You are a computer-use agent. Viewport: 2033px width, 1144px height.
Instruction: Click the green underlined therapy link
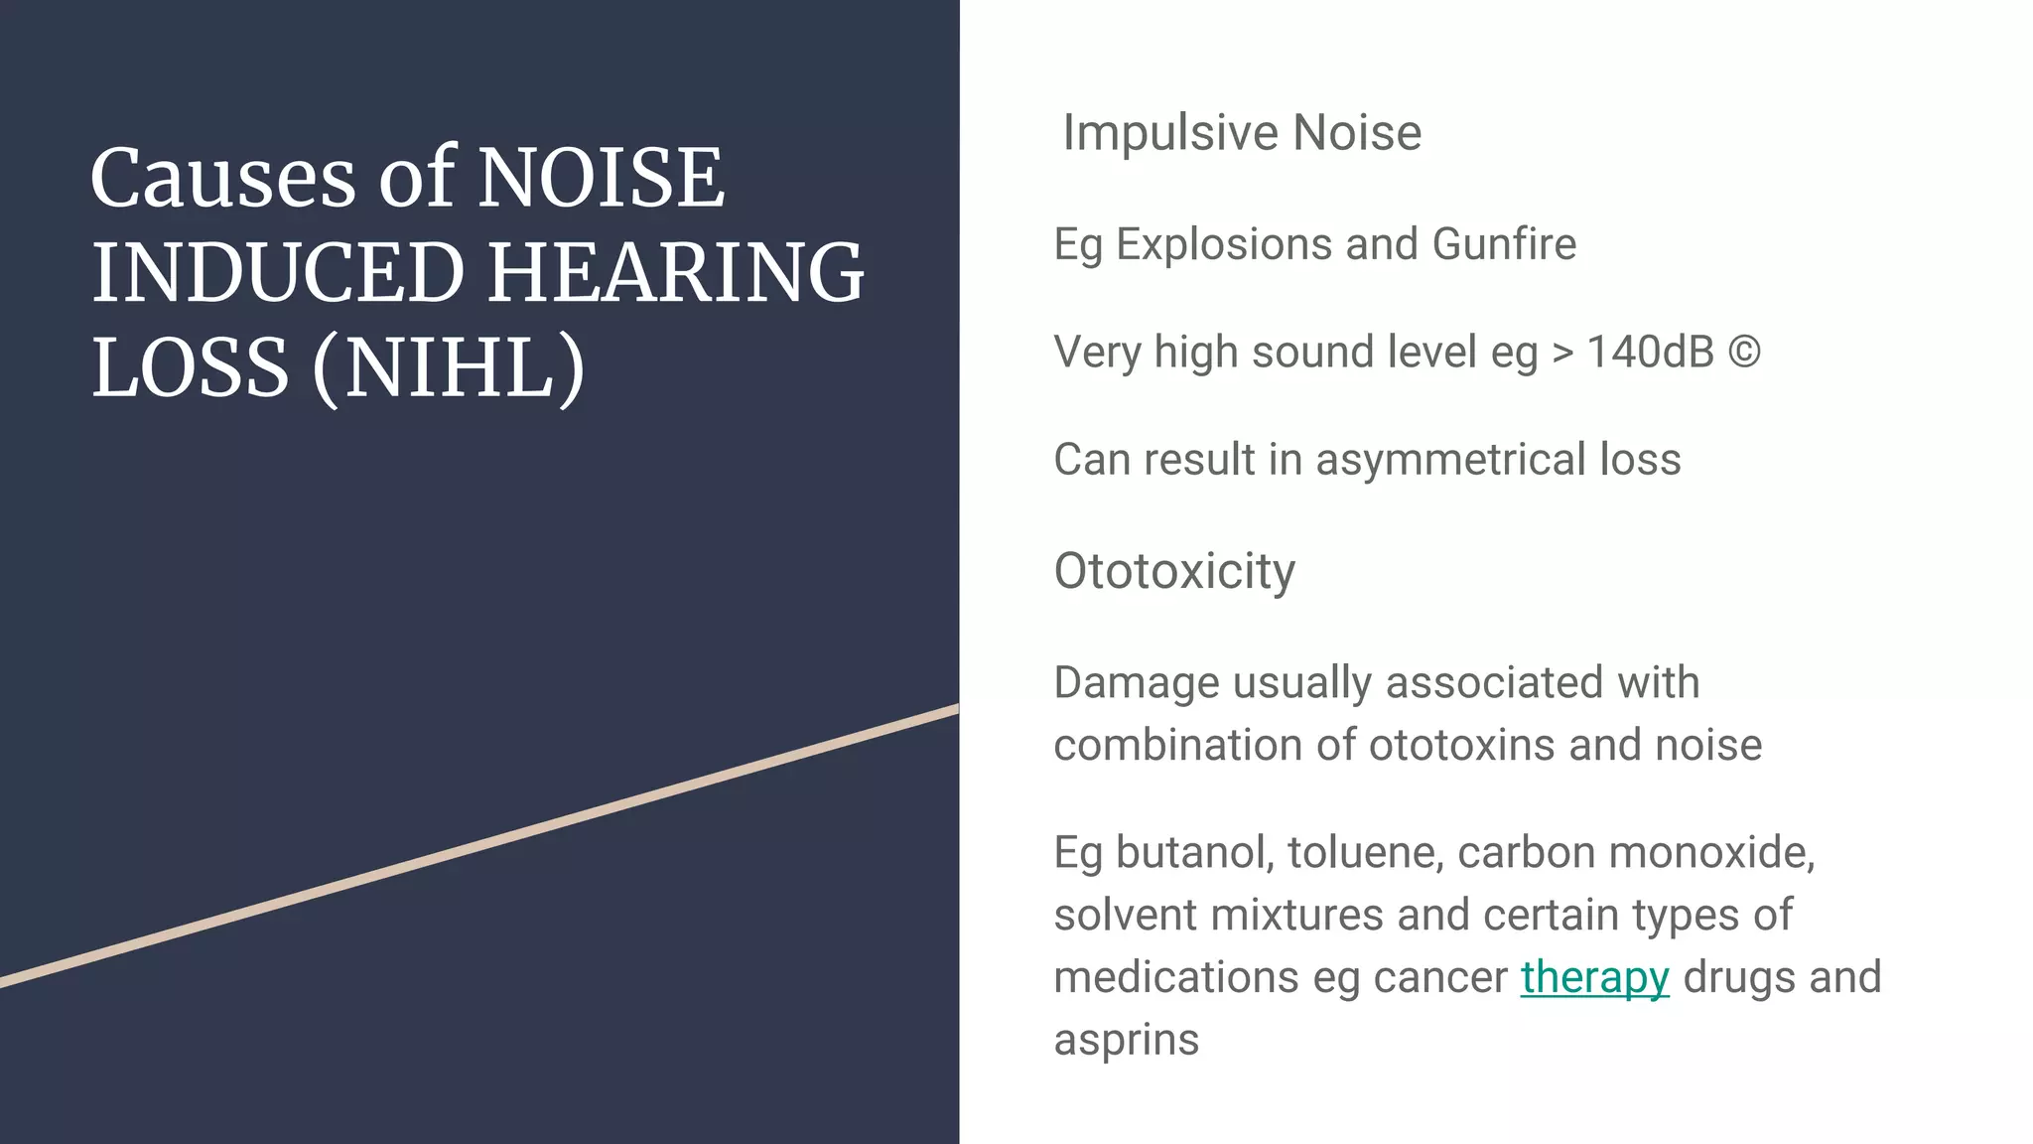(x=1594, y=977)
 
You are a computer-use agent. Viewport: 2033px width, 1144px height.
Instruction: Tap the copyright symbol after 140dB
(x=1744, y=353)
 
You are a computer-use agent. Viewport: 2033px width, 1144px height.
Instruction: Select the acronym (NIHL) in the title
(x=449, y=367)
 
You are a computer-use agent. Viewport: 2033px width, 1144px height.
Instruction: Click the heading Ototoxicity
(x=1174, y=571)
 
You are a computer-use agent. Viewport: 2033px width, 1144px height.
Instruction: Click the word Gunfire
(x=1504, y=244)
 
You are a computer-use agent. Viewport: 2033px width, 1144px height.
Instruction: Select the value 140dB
(x=1650, y=353)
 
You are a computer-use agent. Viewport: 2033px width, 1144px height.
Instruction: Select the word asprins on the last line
(x=1126, y=1040)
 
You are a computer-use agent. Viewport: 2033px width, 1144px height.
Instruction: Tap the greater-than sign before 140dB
(x=1562, y=353)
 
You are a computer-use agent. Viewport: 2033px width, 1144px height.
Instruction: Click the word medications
(x=1176, y=977)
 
